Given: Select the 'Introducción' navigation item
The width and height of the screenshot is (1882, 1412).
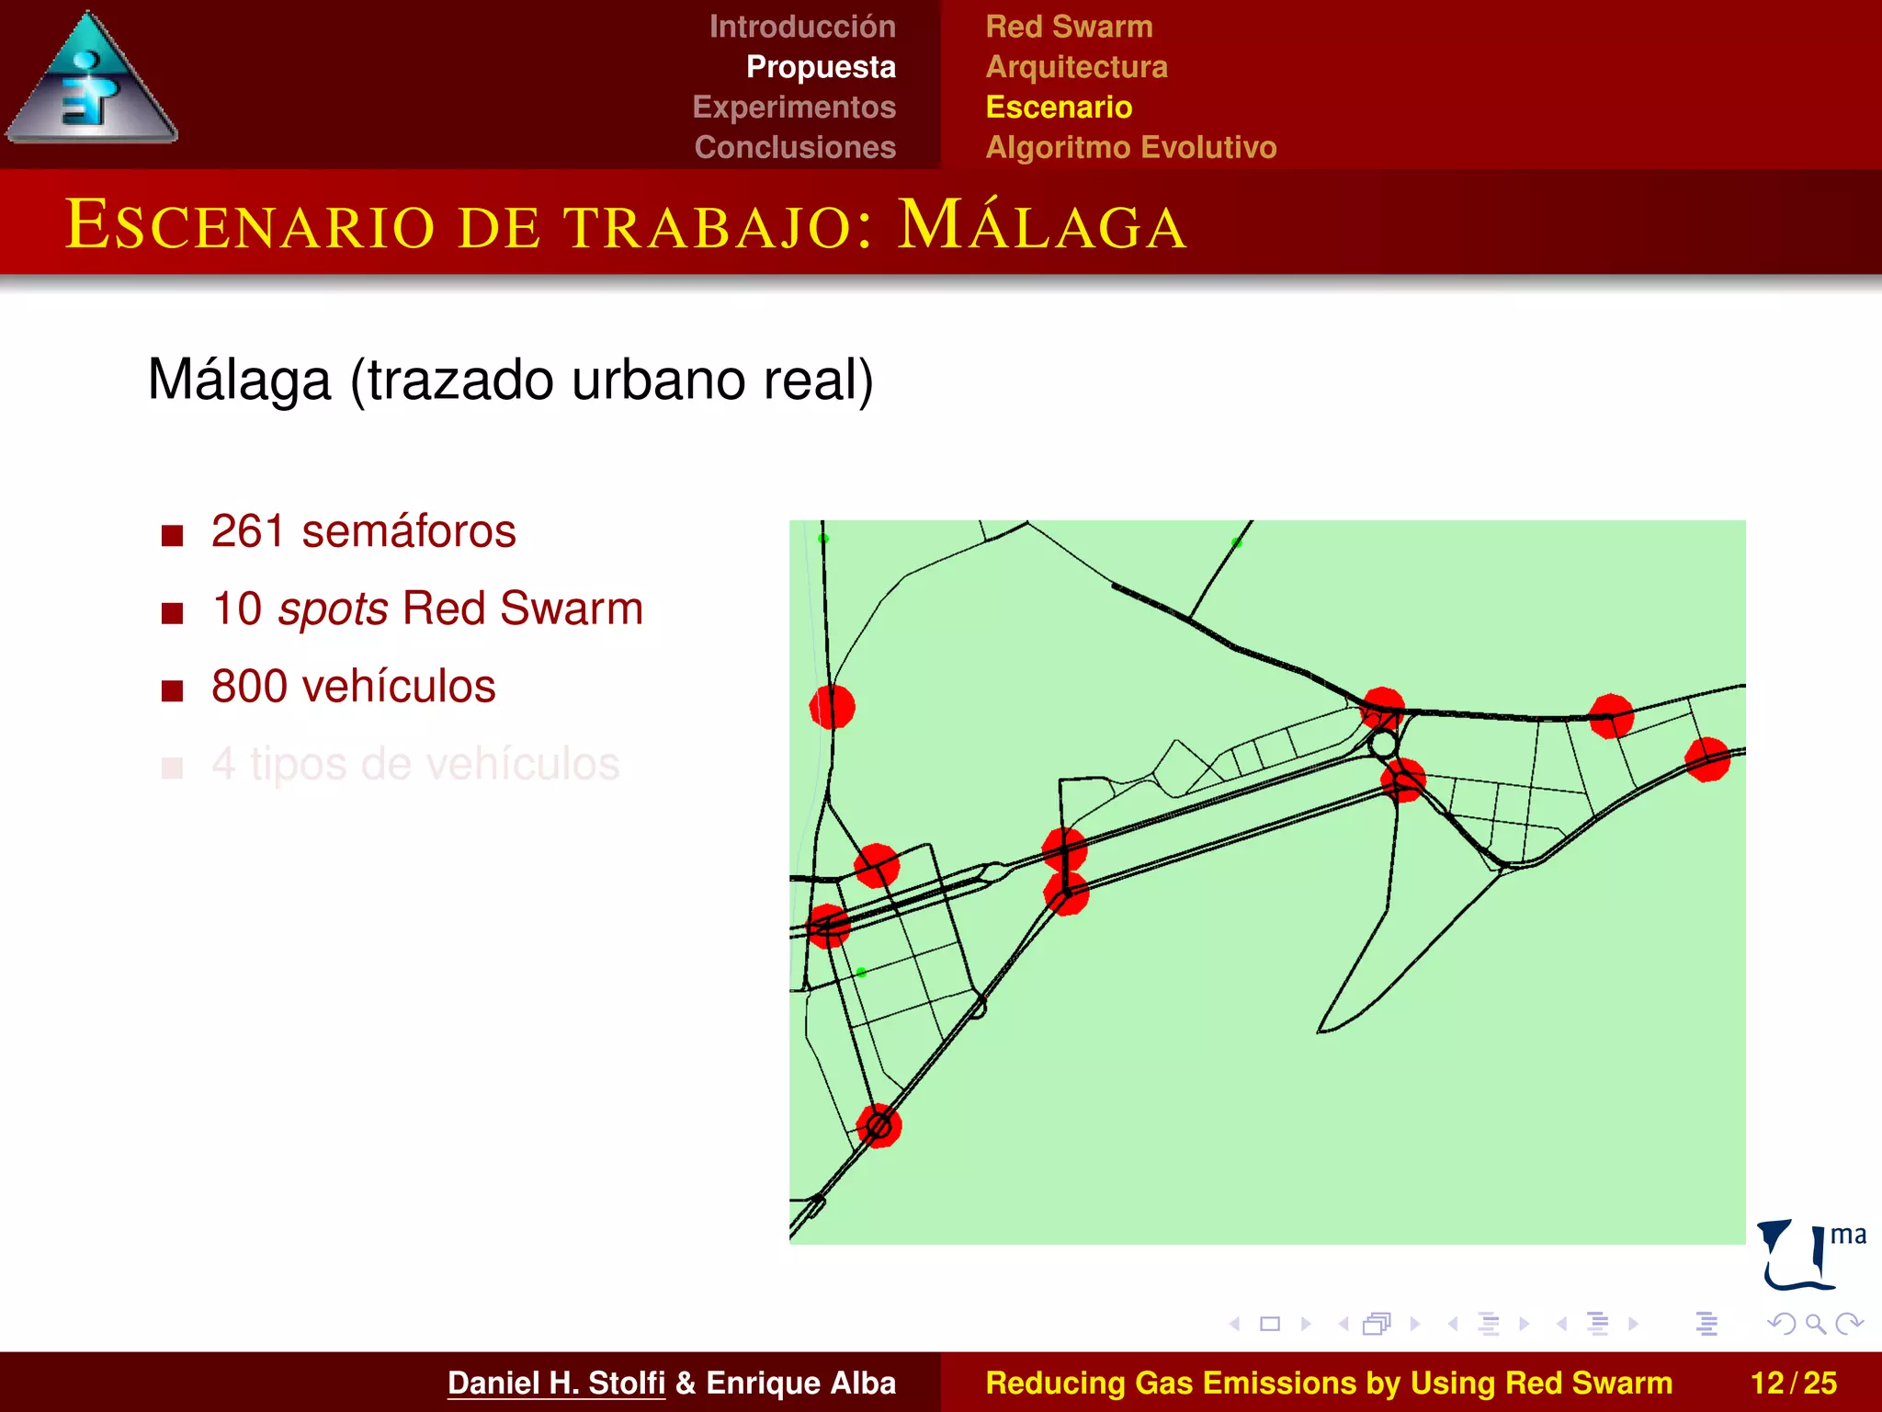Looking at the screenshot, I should (802, 27).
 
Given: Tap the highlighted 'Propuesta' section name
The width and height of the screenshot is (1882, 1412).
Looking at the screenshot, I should (821, 67).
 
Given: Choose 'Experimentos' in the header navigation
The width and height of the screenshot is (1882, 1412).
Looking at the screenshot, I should (794, 107).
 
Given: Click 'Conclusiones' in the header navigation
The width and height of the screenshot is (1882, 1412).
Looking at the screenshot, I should (795, 147).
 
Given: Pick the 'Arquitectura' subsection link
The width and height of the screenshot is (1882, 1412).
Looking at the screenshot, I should (1076, 67).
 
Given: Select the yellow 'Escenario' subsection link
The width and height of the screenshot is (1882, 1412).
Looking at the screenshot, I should (1059, 107).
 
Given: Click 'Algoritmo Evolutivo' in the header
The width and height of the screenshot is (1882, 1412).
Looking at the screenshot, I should (1130, 147).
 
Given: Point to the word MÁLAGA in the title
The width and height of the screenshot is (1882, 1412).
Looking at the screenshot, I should (1042, 225).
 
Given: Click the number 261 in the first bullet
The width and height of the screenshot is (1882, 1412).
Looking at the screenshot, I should (247, 531).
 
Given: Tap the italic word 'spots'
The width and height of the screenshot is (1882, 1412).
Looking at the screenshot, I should (333, 609).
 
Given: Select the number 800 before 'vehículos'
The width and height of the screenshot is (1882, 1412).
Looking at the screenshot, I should (247, 687).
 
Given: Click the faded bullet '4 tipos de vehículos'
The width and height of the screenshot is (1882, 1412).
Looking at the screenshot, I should (415, 764).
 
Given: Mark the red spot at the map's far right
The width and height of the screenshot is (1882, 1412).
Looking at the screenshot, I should (1707, 759).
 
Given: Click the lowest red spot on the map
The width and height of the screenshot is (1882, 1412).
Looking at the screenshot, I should (879, 1125).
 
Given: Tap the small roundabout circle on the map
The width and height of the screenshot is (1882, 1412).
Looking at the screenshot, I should (1383, 744).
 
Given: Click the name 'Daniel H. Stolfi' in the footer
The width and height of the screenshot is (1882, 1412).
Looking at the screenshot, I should (556, 1383).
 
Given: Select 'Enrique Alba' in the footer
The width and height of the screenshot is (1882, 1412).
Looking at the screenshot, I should (800, 1383).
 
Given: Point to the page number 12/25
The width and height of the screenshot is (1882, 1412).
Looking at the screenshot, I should (1793, 1383).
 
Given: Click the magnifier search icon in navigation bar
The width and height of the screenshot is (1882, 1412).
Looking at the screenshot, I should (1815, 1324).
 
